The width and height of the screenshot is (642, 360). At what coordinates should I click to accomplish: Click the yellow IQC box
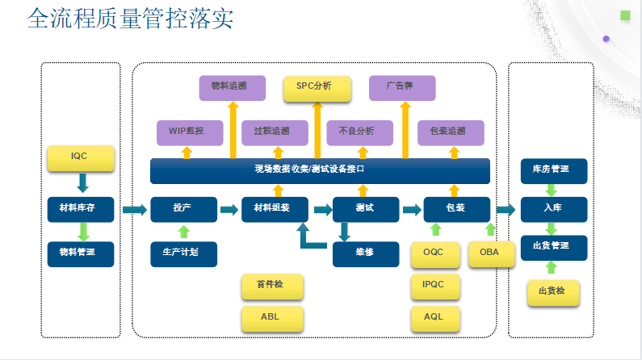pyautogui.click(x=81, y=158)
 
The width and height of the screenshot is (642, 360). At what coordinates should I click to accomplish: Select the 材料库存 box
pyautogui.click(x=81, y=209)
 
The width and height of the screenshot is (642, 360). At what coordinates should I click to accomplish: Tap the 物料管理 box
pyautogui.click(x=81, y=254)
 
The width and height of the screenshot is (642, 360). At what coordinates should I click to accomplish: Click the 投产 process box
pyautogui.click(x=184, y=209)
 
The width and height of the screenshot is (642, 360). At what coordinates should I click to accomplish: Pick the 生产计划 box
pyautogui.click(x=184, y=254)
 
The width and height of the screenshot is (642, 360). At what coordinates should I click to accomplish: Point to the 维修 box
pyautogui.click(x=366, y=254)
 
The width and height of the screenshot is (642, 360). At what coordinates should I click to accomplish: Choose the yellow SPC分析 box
pyautogui.click(x=317, y=89)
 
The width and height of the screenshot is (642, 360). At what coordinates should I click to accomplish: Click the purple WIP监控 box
pyautogui.click(x=190, y=133)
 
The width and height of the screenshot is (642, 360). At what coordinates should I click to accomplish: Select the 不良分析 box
pyautogui.click(x=360, y=133)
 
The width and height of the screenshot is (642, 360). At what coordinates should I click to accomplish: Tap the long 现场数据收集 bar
pyautogui.click(x=320, y=171)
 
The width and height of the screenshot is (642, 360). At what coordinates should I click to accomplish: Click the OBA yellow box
pyautogui.click(x=491, y=254)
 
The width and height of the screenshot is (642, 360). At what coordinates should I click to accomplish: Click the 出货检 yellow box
pyautogui.click(x=553, y=293)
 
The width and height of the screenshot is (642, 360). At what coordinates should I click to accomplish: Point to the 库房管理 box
pyautogui.click(x=554, y=171)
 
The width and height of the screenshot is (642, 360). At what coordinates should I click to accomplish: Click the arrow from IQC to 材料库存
pyautogui.click(x=82, y=183)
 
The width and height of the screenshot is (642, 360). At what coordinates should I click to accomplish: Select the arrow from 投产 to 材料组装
pyautogui.click(x=229, y=210)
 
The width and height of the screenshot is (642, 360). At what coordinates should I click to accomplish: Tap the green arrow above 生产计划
pyautogui.click(x=184, y=232)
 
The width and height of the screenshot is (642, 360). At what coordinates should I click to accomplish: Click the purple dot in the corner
pyautogui.click(x=606, y=39)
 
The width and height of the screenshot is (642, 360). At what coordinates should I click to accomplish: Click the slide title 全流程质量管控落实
pyautogui.click(x=130, y=19)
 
